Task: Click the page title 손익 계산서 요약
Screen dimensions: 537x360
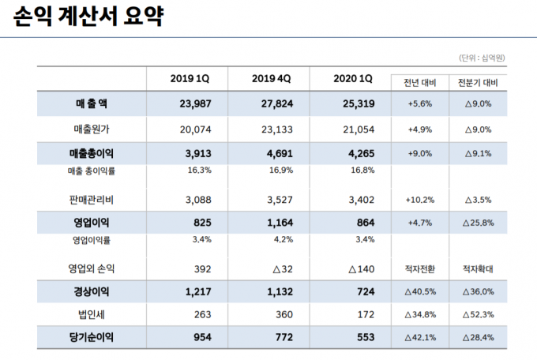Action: [x=88, y=16]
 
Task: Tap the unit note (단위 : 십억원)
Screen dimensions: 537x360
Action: [x=482, y=58]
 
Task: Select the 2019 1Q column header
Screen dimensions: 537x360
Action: [x=190, y=78]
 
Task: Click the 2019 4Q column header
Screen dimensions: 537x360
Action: [x=271, y=78]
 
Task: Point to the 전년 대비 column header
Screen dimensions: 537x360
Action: [x=420, y=83]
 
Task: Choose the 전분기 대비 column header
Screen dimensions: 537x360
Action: [x=478, y=83]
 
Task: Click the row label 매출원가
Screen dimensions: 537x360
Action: [x=92, y=129]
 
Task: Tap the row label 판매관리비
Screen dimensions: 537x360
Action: [x=91, y=200]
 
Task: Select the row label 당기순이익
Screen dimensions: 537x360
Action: [x=91, y=337]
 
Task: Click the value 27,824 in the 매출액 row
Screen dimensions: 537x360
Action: [x=277, y=103]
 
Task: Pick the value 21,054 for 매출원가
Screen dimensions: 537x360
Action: [x=359, y=129]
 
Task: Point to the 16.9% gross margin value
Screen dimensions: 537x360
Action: [x=281, y=170]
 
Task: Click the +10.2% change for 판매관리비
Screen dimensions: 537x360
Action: [x=420, y=200]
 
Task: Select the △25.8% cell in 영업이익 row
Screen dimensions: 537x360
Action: [x=478, y=223]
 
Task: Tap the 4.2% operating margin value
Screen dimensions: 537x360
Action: [x=284, y=239]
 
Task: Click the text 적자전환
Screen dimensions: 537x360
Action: [x=420, y=269]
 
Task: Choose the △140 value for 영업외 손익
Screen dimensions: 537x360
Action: [x=362, y=269]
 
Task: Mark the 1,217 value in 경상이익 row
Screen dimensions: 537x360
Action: [x=198, y=292]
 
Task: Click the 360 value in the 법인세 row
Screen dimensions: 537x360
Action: [x=284, y=314]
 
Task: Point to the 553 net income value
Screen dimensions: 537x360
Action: [x=366, y=337]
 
